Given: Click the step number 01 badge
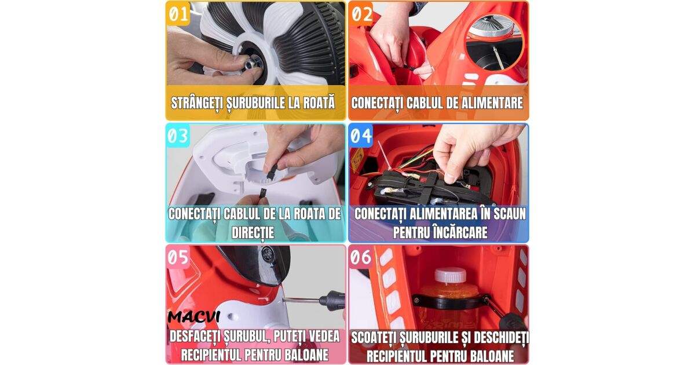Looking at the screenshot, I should coord(178,14).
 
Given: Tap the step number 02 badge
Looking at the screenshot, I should coord(361,14).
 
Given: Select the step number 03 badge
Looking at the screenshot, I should coord(178,136).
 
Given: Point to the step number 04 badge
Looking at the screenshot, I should coord(361,136).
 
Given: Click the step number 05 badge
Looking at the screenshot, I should coord(178,257).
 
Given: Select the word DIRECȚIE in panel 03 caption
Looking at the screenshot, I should coord(253,232).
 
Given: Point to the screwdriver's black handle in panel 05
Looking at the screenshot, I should coord(332,300).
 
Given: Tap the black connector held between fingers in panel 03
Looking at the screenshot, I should coord(270,170).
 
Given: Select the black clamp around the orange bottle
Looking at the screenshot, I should coord(449,302).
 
